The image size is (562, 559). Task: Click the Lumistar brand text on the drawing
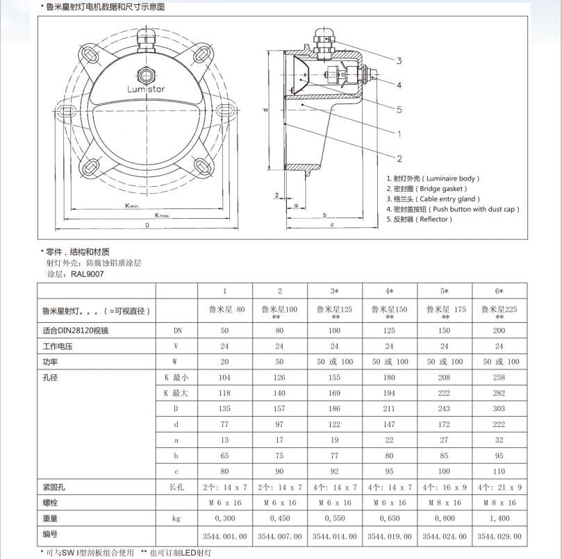(146, 89)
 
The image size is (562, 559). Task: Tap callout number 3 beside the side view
(399, 61)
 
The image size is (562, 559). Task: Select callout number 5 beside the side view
(399, 109)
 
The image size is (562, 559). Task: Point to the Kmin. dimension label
(133, 206)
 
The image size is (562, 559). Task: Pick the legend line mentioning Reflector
(419, 219)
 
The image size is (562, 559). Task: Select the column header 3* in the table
(334, 291)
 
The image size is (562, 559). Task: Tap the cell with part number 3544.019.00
(389, 536)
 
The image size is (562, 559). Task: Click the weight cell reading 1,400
(499, 518)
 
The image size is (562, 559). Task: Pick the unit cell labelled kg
(177, 518)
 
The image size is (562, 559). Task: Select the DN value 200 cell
(499, 331)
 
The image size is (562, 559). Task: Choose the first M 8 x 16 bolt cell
(444, 502)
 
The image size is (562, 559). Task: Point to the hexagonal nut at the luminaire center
(146, 73)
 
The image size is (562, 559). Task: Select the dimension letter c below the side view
(332, 225)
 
